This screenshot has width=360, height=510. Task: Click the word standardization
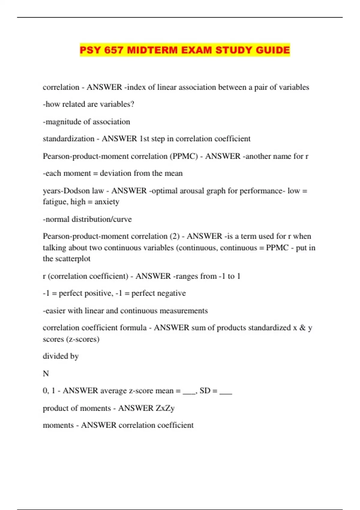click(68, 139)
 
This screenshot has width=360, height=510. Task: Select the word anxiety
click(107, 202)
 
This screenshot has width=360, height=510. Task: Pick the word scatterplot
click(72, 259)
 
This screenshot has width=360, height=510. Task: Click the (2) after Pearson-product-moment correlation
click(174, 236)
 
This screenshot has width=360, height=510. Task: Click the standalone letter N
click(46, 373)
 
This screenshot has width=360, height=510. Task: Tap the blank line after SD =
click(226, 391)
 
